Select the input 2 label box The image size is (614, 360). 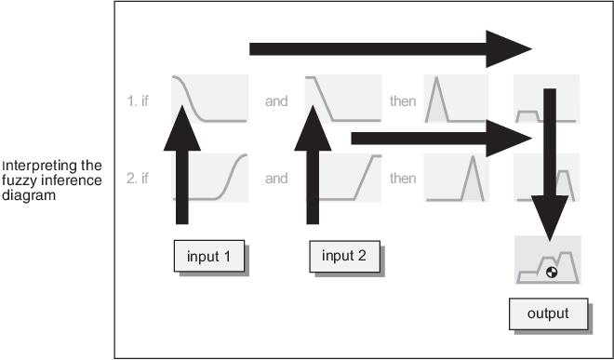coord(343,256)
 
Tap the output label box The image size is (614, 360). coord(548,313)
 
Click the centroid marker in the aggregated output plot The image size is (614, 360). coord(553,273)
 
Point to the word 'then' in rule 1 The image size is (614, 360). coord(403,100)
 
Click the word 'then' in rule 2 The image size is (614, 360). coord(403,179)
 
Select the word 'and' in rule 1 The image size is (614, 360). coord(276,100)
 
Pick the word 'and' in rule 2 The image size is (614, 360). coord(276,179)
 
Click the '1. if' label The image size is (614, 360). coord(138,100)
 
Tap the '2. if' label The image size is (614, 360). coord(138,179)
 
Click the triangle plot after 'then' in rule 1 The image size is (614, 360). coord(450,99)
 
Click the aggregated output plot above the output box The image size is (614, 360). coord(548,260)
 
